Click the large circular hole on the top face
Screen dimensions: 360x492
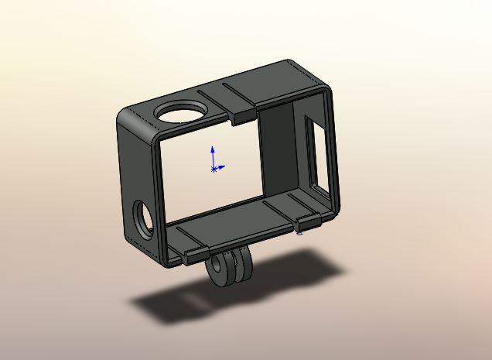point(181,113)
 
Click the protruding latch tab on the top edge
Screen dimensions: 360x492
point(245,115)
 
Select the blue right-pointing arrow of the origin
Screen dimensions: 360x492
point(221,166)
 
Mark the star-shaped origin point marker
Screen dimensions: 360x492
point(214,168)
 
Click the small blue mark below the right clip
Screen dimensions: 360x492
point(300,232)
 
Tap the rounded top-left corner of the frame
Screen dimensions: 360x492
point(126,118)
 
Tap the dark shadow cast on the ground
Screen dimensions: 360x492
point(186,306)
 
